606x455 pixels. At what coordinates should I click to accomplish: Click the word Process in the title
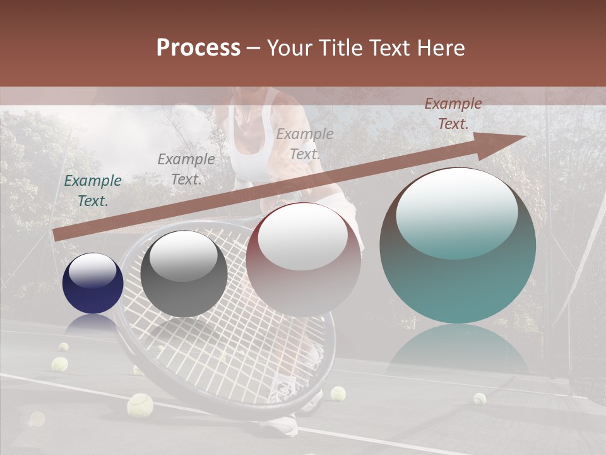pyautogui.click(x=198, y=48)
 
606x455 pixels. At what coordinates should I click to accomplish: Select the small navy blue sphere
pyautogui.click(x=93, y=283)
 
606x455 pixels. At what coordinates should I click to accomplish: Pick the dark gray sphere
pyautogui.click(x=184, y=274)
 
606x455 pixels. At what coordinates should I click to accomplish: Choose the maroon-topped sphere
pyautogui.click(x=304, y=260)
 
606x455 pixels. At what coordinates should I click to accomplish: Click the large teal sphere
pyautogui.click(x=458, y=246)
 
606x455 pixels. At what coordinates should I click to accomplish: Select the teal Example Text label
pyautogui.click(x=93, y=191)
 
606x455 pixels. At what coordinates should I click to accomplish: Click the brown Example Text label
pyautogui.click(x=453, y=114)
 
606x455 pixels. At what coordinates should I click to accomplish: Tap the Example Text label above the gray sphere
pyautogui.click(x=186, y=169)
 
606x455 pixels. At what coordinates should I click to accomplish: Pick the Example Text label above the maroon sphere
pyautogui.click(x=305, y=143)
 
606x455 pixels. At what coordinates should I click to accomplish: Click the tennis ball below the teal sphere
pyautogui.click(x=480, y=398)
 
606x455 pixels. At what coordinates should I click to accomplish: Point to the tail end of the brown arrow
pyautogui.click(x=57, y=235)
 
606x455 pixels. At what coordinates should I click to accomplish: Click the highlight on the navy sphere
pyautogui.click(x=92, y=270)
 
